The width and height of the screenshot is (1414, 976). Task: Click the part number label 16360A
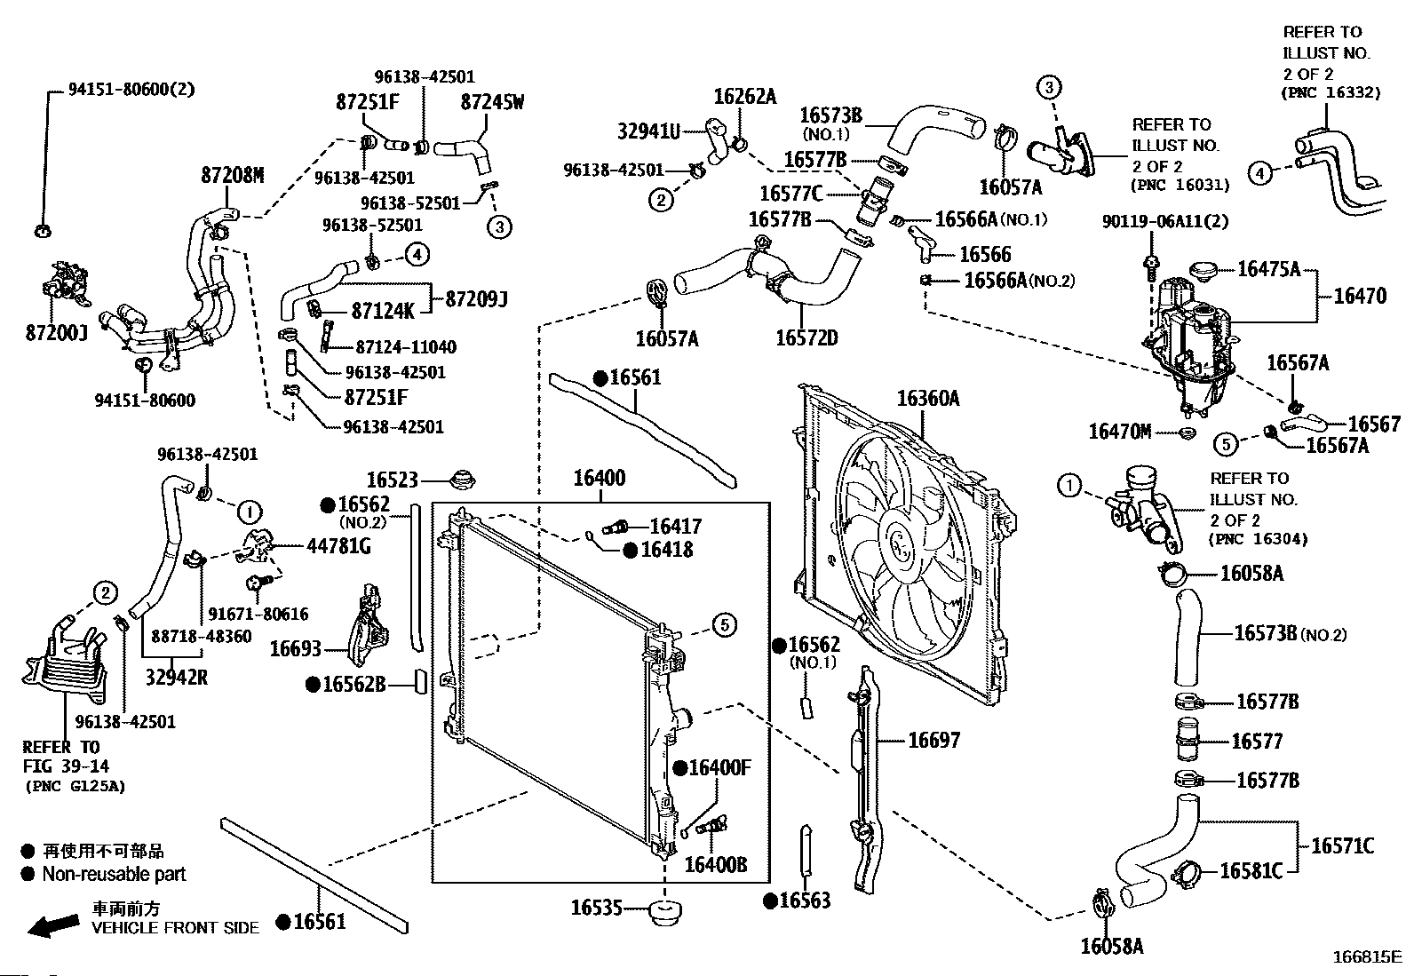[x=927, y=399]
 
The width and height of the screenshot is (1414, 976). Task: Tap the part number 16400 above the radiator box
[x=599, y=478]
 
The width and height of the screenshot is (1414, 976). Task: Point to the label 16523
[x=392, y=480]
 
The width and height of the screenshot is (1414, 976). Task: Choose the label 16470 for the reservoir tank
[x=1359, y=296]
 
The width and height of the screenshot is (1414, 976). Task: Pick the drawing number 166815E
[x=1366, y=957]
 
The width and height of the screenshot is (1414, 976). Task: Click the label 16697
[x=933, y=740]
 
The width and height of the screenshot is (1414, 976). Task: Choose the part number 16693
[x=296, y=649]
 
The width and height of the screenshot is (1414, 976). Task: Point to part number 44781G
[x=338, y=545]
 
